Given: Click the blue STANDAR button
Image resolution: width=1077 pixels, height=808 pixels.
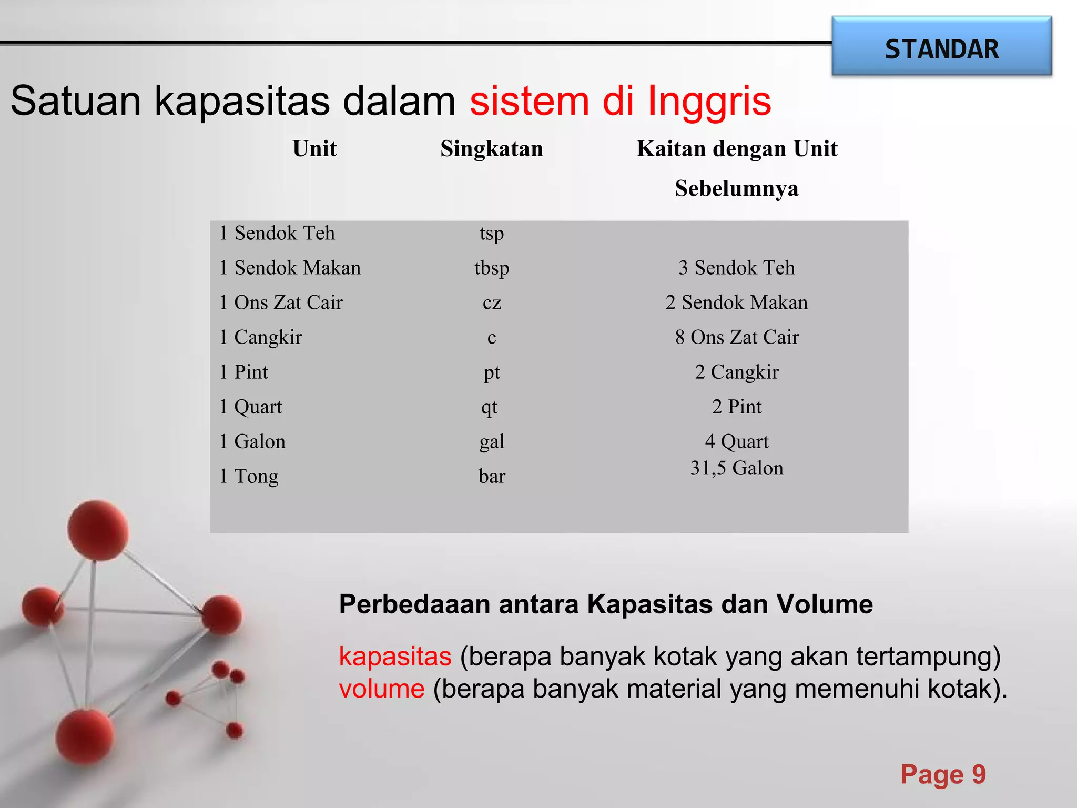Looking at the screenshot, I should coord(941,47).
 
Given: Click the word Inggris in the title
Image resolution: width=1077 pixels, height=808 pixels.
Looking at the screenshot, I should coord(709,100).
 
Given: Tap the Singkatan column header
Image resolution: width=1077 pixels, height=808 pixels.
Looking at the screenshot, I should coord(492,149).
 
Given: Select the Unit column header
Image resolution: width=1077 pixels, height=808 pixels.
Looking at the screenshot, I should coord(314,149).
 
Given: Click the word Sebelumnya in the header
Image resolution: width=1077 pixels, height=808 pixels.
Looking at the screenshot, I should coord(737,188).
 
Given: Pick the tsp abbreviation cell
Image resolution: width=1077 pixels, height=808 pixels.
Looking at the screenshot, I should coord(492,233).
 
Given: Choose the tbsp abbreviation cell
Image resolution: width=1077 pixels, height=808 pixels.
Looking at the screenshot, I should coord(492,268).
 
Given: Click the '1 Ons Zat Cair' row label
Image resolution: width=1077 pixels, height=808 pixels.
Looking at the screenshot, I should coord(281,302).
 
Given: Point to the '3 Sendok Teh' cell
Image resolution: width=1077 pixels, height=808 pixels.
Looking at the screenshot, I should coord(736,268).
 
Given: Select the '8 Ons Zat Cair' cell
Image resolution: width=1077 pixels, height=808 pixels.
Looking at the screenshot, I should coord(737,337).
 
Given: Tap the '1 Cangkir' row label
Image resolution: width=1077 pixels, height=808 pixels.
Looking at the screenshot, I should coord(260,337).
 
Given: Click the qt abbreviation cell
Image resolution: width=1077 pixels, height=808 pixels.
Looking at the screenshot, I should coord(489,407).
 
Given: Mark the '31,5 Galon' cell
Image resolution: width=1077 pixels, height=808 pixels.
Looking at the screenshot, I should coord(737,468).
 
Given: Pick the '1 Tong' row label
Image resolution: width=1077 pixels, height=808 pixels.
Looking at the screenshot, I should coord(249,476).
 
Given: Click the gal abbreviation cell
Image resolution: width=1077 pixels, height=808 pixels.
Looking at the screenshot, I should coord(492,442).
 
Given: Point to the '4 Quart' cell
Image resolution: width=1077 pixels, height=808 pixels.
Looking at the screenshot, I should coord(737,442).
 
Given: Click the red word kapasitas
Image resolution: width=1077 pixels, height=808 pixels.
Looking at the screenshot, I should coord(395,656).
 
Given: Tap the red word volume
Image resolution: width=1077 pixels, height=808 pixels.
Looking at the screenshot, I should coord(382,689).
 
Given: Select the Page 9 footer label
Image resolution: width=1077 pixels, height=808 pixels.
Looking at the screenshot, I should coord(943,774).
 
